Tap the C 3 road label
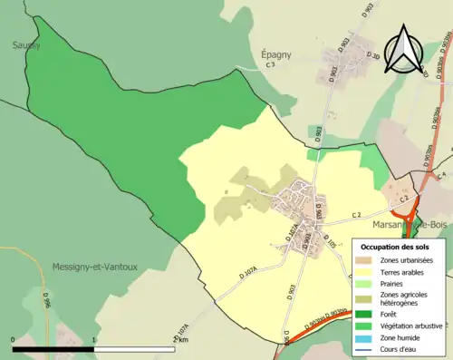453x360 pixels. pos(270,66)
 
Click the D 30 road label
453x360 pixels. pos(371,56)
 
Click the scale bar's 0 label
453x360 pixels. pos(14,339)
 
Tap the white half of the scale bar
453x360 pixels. pos(135,349)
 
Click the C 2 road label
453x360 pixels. pos(357,214)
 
